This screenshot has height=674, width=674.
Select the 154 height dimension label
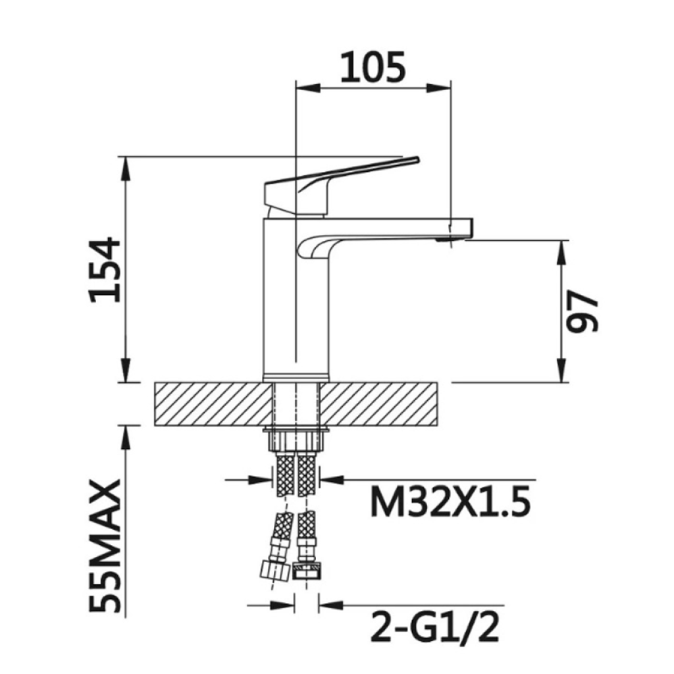point(105,270)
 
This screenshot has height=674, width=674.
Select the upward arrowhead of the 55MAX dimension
point(124,434)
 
